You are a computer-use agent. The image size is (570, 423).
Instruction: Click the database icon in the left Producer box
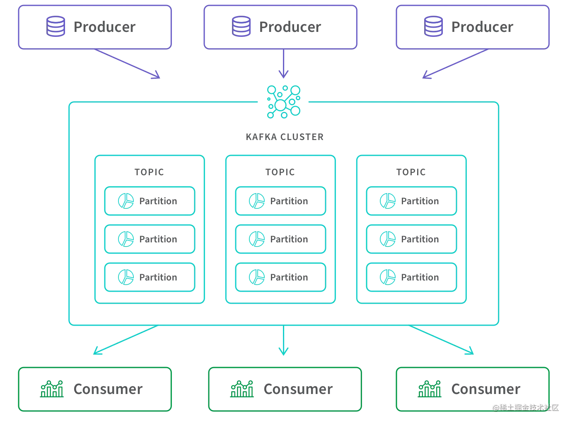56,27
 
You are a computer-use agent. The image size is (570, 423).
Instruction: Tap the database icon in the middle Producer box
241,27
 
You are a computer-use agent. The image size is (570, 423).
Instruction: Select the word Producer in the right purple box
482,27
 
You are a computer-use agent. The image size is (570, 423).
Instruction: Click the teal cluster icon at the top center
284,101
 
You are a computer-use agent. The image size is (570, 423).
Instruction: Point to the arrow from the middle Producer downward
283,64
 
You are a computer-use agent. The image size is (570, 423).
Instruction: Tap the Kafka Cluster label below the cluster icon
285,137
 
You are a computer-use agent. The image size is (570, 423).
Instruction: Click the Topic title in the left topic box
149,170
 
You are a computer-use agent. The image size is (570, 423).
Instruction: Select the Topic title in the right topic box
411,170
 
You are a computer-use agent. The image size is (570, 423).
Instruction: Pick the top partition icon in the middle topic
256,201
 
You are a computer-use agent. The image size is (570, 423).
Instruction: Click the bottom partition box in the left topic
149,277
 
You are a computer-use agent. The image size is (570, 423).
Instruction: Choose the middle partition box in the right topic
411,239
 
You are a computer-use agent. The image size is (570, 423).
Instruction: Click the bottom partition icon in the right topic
387,277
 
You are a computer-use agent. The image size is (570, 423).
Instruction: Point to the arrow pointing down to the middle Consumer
283,341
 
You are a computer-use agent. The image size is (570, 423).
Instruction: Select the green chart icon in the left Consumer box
52,388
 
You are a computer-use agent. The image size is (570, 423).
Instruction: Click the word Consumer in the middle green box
297,389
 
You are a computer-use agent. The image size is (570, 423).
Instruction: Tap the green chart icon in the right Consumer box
430,388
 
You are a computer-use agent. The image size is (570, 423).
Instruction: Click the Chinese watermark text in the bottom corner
525,406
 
